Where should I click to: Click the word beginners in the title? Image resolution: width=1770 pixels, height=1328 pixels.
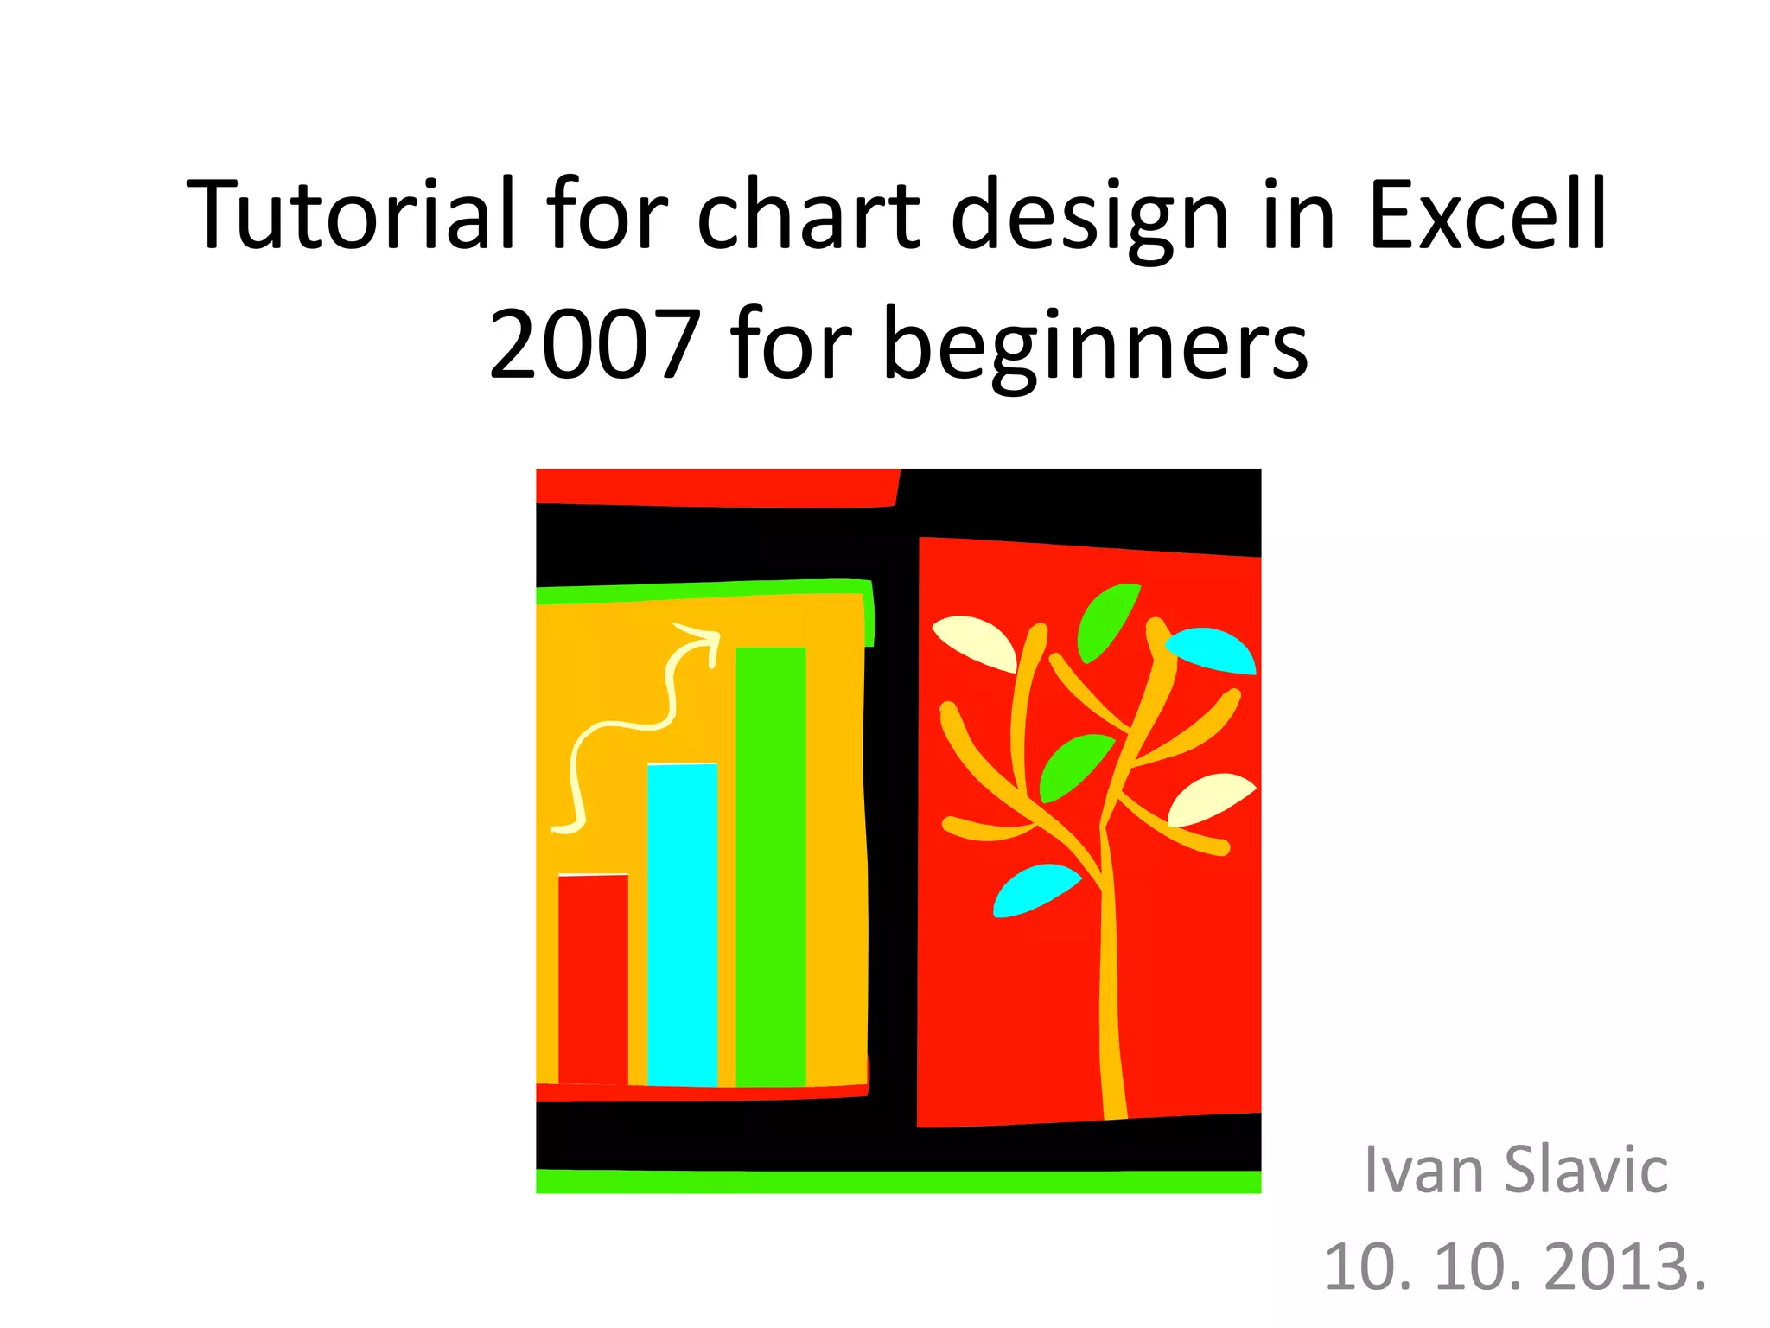pyautogui.click(x=1095, y=346)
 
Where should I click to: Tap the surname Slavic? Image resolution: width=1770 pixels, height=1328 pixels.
pyautogui.click(x=1586, y=1170)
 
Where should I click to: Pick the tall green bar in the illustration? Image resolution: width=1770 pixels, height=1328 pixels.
pyautogui.click(x=771, y=865)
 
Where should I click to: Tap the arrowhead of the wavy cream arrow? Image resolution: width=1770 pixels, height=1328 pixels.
pyautogui.click(x=704, y=638)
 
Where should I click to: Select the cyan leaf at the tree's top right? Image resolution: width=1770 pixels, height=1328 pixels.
pyautogui.click(x=1212, y=650)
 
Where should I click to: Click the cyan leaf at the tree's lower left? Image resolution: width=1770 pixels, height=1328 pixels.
pyautogui.click(x=1033, y=890)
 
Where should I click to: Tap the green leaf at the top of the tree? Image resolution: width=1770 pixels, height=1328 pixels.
pyautogui.click(x=1106, y=619)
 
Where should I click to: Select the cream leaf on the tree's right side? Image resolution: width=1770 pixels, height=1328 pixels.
pyautogui.click(x=1208, y=797)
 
